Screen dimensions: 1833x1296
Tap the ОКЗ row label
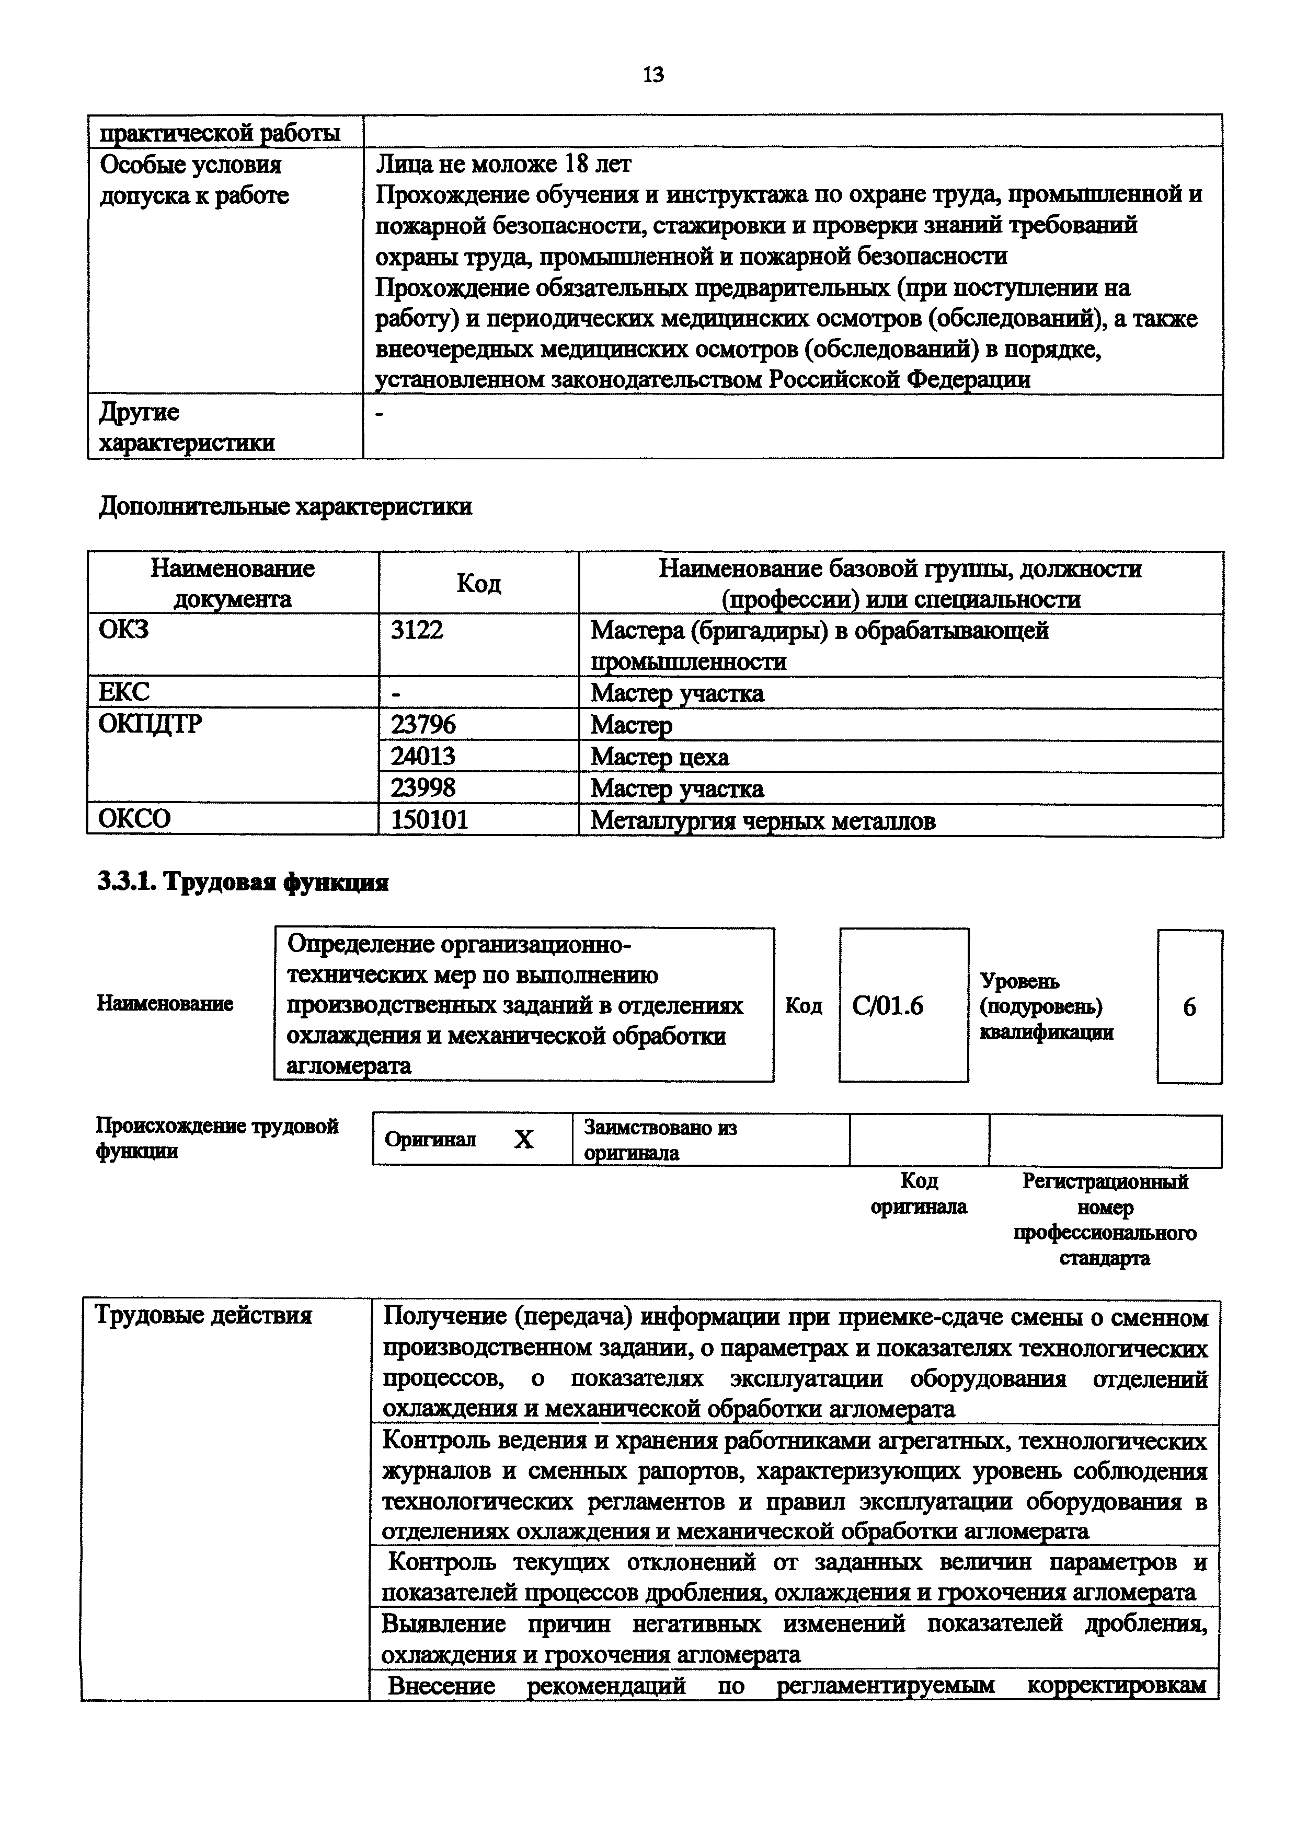click(124, 630)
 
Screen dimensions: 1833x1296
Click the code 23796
click(423, 725)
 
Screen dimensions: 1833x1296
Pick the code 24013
click(423, 756)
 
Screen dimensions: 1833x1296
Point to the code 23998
click(423, 788)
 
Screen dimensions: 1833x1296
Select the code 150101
click(430, 820)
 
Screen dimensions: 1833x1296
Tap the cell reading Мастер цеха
click(660, 756)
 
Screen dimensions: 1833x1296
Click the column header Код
click(478, 584)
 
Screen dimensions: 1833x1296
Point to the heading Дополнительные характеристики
click(285, 507)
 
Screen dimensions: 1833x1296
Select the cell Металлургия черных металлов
click(763, 821)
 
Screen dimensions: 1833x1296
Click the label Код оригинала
click(919, 1193)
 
